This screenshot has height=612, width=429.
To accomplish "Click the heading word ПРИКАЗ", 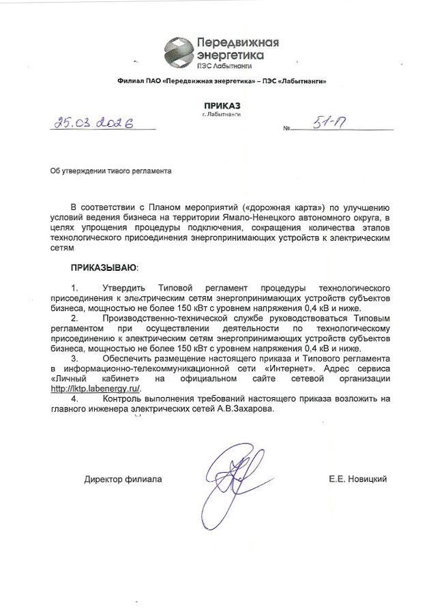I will tap(222, 105).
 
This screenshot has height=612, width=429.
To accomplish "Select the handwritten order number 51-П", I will tap(329, 122).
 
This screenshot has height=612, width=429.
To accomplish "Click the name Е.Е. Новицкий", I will tap(357, 480).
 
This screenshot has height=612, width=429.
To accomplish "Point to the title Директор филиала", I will tap(123, 480).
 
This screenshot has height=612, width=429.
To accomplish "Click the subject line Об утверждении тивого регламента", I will tap(109, 171).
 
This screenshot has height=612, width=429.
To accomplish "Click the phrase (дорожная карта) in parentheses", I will tap(289, 206).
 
